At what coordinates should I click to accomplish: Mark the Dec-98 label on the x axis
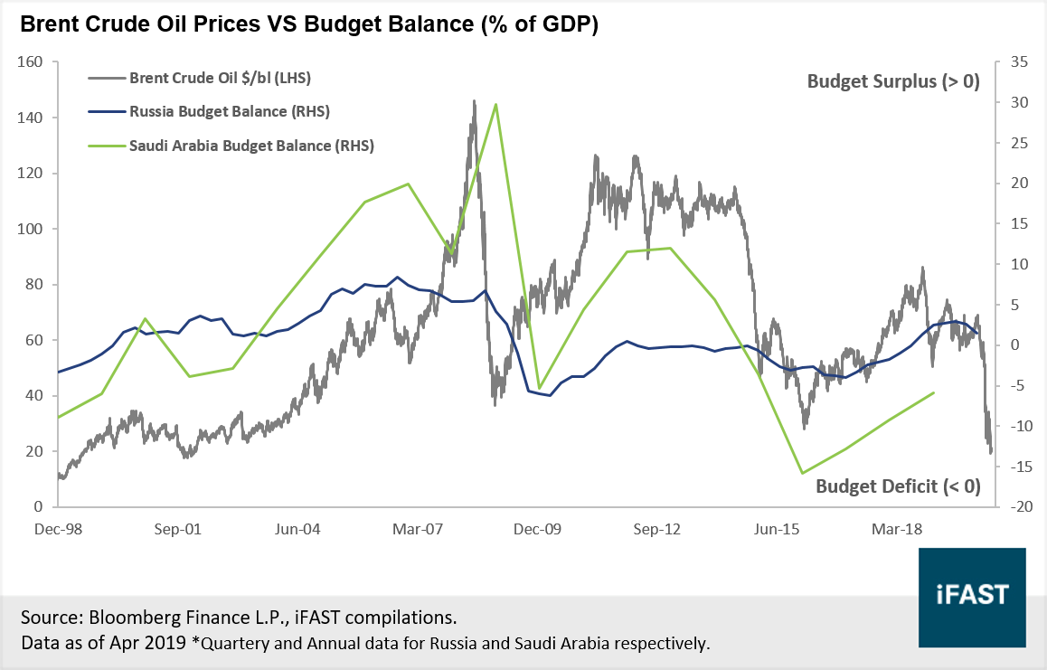(57, 530)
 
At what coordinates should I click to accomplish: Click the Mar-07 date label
(416, 530)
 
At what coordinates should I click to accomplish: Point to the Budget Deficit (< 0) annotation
(898, 486)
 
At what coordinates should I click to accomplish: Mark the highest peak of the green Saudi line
(495, 104)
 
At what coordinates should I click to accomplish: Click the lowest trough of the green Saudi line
(802, 473)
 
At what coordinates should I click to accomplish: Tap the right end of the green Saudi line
(934, 392)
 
